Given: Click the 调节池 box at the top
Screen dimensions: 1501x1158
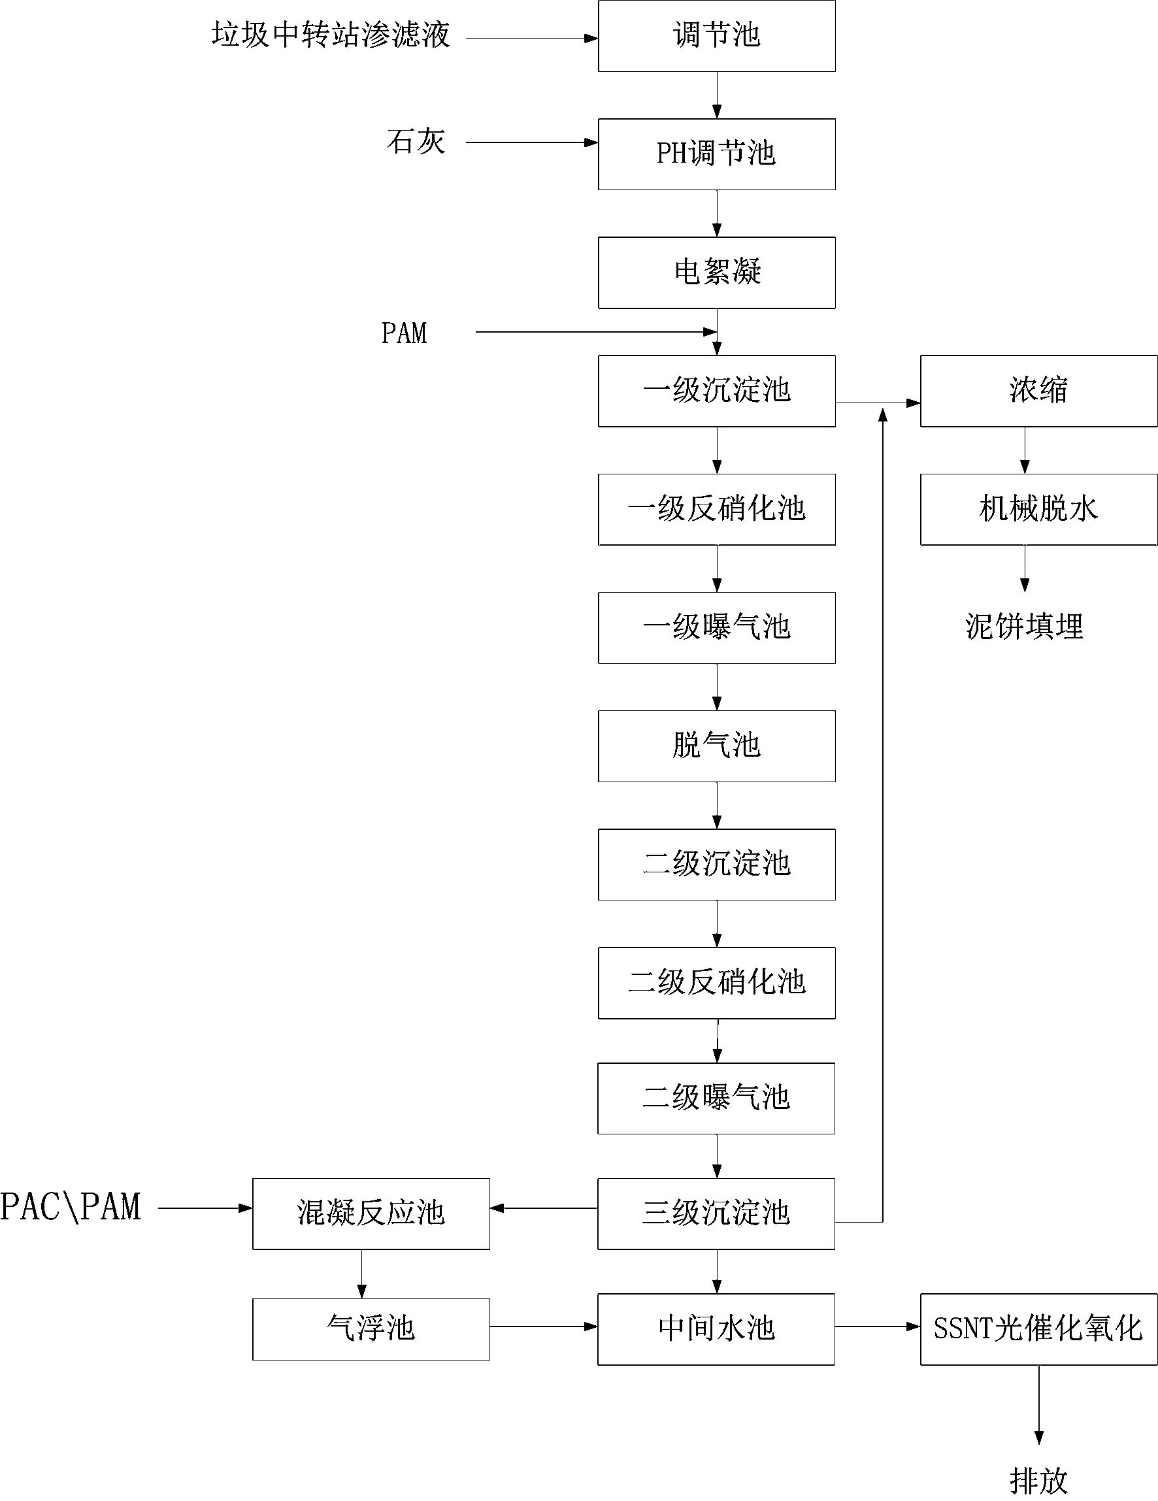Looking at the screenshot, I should click(x=716, y=36).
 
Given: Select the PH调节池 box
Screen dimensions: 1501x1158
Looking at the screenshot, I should click(x=716, y=154).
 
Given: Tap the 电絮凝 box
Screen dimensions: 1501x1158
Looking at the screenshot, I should click(x=716, y=272).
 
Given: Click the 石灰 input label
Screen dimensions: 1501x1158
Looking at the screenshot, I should click(x=416, y=142).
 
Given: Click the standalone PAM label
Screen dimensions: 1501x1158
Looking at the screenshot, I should click(x=404, y=333).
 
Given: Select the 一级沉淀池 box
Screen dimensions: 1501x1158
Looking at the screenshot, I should click(x=716, y=390).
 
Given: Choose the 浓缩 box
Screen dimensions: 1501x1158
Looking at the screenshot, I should click(x=1038, y=390).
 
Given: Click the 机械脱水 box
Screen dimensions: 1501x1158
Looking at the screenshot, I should click(x=1038, y=509).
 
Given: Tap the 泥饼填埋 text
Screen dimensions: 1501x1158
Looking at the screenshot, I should click(x=1024, y=627).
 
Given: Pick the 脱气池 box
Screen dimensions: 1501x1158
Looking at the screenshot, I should click(x=716, y=746).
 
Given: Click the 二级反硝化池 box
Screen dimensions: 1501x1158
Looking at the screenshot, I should click(x=716, y=982).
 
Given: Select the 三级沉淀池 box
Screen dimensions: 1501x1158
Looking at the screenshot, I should click(x=716, y=1213).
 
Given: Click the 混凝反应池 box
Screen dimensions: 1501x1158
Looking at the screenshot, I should click(x=371, y=1213).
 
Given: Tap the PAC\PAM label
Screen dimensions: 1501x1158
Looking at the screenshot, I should click(x=70, y=1208).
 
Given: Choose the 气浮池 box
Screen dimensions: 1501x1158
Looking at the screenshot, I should click(x=371, y=1328).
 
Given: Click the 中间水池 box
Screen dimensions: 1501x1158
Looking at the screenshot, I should click(x=716, y=1328).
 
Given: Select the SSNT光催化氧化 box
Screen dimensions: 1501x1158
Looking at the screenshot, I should click(x=1038, y=1328).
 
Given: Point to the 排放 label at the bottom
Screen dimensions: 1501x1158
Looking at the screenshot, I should click(x=1038, y=1481).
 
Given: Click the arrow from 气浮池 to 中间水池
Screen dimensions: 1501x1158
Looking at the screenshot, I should click(x=543, y=1327).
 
